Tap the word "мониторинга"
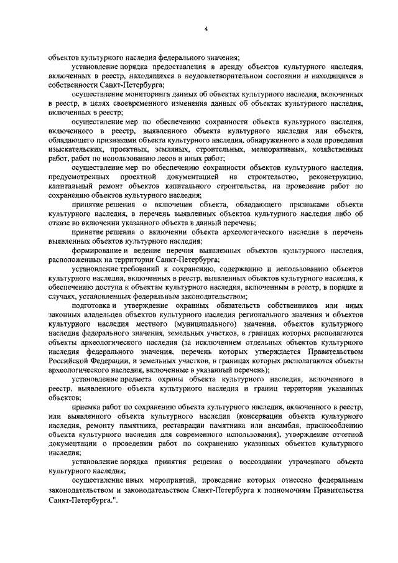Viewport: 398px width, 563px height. tap(137, 93)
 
